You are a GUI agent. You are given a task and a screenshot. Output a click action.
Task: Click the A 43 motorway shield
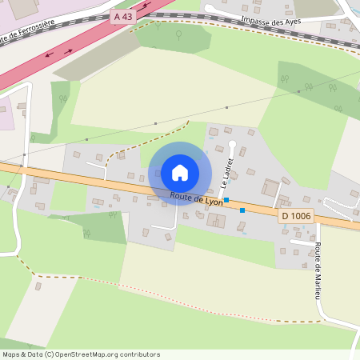123,16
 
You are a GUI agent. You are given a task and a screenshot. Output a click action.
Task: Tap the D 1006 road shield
295,216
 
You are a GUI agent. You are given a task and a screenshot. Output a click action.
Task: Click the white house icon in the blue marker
180,172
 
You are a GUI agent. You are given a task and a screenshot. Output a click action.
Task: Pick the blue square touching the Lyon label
226,200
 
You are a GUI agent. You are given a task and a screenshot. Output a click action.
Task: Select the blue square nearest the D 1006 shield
242,210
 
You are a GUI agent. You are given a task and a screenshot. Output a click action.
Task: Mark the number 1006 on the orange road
299,216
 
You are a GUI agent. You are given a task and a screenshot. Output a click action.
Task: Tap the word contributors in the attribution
138,354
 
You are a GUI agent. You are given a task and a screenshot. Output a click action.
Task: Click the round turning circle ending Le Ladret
233,144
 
